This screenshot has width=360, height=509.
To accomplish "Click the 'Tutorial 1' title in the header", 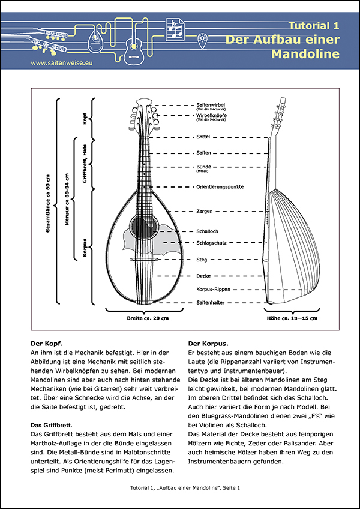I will click(313, 26).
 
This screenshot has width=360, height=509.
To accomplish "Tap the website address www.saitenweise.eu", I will click(60, 62).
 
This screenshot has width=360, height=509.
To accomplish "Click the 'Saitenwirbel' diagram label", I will click(214, 104).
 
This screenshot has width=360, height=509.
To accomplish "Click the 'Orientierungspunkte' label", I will click(220, 187).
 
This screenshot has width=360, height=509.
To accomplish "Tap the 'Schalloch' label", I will click(207, 231).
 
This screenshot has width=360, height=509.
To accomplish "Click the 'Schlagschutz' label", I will click(211, 243).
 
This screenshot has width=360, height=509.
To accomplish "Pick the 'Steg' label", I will click(202, 260).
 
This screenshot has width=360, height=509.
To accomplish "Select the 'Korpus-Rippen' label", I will click(214, 290).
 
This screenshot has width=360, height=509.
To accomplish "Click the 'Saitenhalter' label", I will click(211, 303).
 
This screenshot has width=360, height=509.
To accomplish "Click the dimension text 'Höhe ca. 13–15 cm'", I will click(292, 317).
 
